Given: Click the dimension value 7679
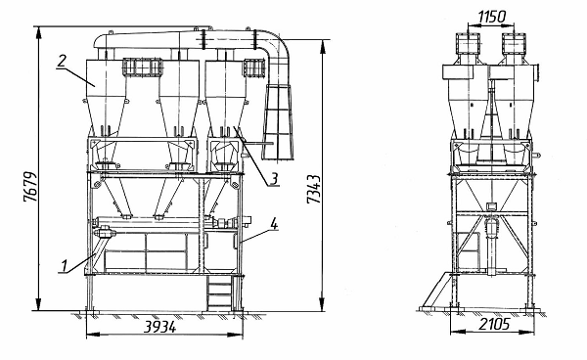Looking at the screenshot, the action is pyautogui.click(x=30, y=187).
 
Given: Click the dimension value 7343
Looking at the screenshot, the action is pyautogui.click(x=314, y=189).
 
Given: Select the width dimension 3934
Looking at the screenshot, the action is pyautogui.click(x=159, y=327).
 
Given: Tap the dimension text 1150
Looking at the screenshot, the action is pyautogui.click(x=491, y=17).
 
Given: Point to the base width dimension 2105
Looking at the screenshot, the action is pyautogui.click(x=494, y=324).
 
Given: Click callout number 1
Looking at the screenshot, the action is pyautogui.click(x=64, y=266).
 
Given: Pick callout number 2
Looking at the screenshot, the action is pyautogui.click(x=62, y=61).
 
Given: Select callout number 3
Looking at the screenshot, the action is pyautogui.click(x=274, y=179).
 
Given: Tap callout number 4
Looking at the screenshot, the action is pyautogui.click(x=274, y=225).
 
